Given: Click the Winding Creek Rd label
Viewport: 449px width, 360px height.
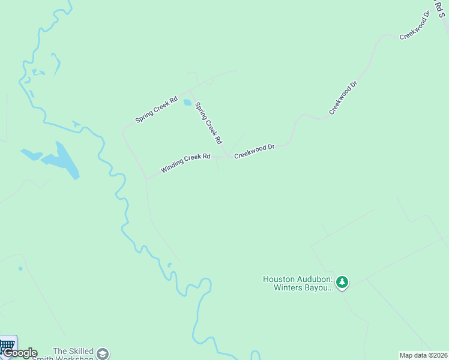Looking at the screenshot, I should tap(186, 163).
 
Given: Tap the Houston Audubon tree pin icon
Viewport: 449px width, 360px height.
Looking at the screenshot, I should tap(342, 281).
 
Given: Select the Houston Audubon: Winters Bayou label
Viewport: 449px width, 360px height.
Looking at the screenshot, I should tap(297, 283).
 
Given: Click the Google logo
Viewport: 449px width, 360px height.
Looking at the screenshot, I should tap(20, 353).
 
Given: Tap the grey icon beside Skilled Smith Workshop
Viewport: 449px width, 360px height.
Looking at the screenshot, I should tap(103, 353).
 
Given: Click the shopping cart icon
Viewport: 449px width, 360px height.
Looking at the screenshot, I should tap(8, 345).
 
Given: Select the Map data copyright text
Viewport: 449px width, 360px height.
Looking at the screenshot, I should tap(423, 355).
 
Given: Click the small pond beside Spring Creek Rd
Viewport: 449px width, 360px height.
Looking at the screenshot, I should tap(187, 102).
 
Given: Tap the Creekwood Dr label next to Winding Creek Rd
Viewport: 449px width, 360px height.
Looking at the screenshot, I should tap(254, 151).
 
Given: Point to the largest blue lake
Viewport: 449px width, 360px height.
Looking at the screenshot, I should tap(63, 161).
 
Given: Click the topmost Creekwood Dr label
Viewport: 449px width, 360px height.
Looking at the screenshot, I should tap(415, 25).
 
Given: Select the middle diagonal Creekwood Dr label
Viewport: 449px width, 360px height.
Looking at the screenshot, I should tap(343, 97).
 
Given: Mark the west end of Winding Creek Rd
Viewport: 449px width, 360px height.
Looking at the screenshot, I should tap(146, 178).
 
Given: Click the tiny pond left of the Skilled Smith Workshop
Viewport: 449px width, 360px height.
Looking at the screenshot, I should tap(20, 268).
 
